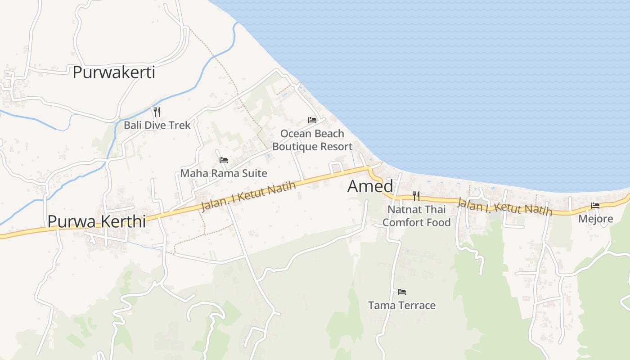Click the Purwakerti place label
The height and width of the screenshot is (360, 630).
click(114, 72)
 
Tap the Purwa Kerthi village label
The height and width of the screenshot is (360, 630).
click(96, 221)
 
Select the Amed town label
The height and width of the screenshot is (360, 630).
click(370, 186)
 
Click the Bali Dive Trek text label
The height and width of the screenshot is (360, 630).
click(157, 125)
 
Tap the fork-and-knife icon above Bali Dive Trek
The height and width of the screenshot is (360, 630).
click(157, 112)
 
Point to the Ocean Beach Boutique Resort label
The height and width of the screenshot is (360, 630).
click(312, 140)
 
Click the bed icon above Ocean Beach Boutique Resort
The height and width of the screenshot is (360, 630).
click(312, 120)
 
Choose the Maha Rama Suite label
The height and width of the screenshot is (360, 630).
click(224, 173)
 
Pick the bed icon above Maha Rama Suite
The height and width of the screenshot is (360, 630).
click(224, 160)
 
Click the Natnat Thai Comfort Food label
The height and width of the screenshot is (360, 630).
click(416, 216)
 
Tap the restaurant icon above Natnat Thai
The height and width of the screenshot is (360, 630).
click(416, 196)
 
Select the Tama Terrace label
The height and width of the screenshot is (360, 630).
click(402, 306)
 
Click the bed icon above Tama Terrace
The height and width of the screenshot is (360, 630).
click(402, 292)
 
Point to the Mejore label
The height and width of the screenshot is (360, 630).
click(595, 219)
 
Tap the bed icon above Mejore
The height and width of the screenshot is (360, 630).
click(595, 206)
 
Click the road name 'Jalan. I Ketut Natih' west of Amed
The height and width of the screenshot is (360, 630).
click(249, 196)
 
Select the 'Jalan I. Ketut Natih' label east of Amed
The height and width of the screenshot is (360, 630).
click(504, 207)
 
